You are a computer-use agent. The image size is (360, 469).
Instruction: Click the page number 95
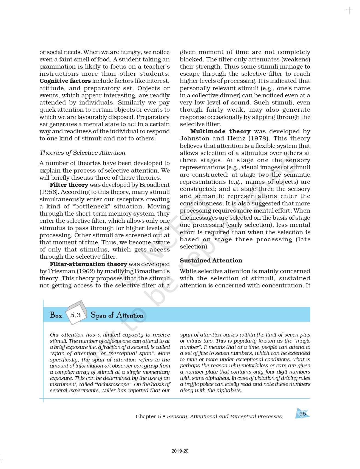point(302,414)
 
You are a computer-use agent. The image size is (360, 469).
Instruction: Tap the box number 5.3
point(75,315)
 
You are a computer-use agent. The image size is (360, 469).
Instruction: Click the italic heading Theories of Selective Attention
point(82,153)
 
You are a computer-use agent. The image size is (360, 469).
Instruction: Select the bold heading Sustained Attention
point(211,261)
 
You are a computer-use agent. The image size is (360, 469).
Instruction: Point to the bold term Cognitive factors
point(65,81)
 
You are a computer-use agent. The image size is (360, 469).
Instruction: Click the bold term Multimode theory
point(220,131)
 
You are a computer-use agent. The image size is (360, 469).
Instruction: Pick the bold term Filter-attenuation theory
point(88,264)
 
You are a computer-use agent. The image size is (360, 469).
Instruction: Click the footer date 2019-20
point(180,451)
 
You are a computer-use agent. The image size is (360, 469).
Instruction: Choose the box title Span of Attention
point(117,315)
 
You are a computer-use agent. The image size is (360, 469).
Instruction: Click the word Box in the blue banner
point(56,315)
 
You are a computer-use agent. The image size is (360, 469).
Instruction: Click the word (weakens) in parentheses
point(298,59)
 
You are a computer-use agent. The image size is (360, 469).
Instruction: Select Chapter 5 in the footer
point(148,417)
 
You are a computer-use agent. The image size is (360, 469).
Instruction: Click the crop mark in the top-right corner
point(350,10)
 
